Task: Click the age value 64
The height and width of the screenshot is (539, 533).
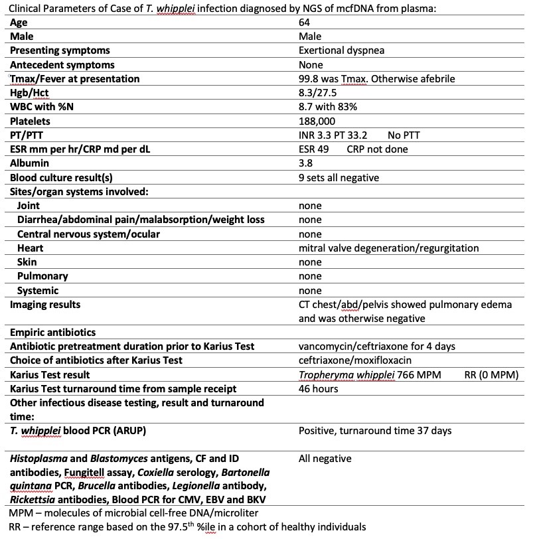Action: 305,23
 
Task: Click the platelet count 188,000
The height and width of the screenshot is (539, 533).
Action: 317,121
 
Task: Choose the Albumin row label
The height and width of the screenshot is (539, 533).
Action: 29,163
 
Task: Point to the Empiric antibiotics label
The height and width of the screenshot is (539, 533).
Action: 52,333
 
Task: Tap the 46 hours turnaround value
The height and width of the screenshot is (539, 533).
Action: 319,388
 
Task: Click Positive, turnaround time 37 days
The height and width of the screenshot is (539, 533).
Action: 375,431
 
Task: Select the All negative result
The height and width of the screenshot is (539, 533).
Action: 325,459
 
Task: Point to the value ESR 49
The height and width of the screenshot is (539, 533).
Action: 314,149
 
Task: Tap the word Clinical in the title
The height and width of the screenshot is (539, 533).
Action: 27,9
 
